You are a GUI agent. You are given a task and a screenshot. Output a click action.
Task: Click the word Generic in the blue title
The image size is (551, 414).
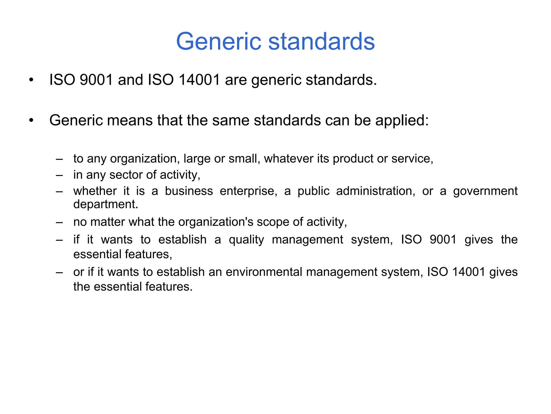218,42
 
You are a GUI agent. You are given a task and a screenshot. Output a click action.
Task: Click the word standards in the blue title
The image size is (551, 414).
322,42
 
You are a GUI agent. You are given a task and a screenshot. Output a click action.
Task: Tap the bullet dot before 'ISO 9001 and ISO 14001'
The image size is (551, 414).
31,80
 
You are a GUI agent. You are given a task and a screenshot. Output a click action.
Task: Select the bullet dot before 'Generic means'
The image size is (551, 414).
31,120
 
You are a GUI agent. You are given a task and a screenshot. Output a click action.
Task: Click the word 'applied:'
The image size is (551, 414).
402,121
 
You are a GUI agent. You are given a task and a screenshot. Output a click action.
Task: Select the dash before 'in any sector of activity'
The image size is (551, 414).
59,175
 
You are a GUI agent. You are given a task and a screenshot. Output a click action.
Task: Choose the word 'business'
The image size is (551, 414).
189,191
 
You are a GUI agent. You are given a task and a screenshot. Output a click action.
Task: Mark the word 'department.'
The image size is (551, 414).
106,204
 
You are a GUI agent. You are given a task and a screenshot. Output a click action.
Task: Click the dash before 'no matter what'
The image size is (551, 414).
59,222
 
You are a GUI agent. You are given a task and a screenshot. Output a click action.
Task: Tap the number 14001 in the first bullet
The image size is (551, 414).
199,80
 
